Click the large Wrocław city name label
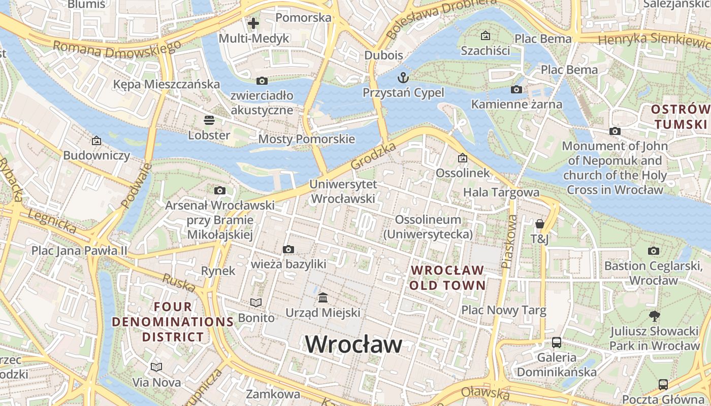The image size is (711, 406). point(353,345)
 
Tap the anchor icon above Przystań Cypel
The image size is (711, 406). point(403,78)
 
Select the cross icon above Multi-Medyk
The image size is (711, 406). point(253,23)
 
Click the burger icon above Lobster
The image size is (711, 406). point(209,120)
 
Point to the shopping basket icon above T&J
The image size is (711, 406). point(539,224)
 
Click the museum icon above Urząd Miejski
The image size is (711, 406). point(322,297)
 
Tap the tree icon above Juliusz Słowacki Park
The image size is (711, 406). point(655,316)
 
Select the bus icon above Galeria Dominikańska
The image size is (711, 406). point(557,342)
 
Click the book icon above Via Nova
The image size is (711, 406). point(156,367)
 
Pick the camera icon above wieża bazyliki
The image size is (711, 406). point(288,249)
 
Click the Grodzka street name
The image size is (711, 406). point(373,156)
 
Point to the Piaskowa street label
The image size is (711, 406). point(509,242)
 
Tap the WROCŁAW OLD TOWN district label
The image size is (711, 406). point(447,277)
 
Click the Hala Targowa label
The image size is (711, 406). point(501,192)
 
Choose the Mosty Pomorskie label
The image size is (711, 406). point(306,139)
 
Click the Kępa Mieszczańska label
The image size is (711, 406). point(167,84)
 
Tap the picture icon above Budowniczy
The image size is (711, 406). point(96,141)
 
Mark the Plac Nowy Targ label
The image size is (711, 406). point(503,310)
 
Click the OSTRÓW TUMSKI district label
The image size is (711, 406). point(681,117)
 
